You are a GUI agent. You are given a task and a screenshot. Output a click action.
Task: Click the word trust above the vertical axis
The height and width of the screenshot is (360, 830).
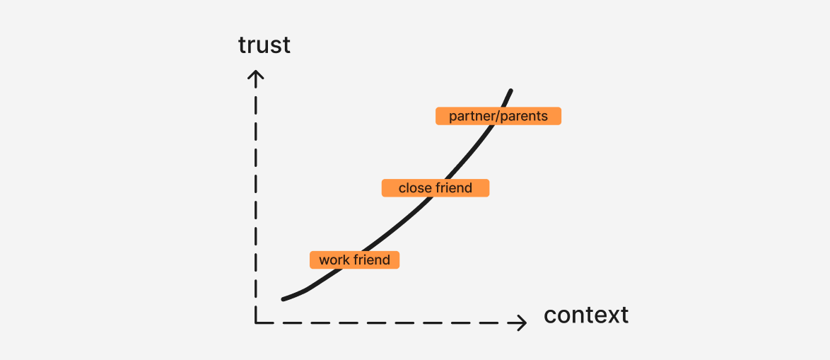coord(264,45)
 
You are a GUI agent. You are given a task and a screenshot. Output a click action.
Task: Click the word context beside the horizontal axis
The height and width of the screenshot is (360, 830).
coord(586,315)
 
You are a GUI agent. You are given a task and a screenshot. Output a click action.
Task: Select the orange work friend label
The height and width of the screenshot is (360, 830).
coord(354,260)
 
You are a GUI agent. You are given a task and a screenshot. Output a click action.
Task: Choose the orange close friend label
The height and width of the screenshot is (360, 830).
coord(435,188)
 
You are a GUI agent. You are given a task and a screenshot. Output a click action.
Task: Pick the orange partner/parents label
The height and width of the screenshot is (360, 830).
coord(498,116)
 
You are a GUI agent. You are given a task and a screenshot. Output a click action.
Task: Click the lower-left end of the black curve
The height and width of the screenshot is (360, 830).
coord(284,300)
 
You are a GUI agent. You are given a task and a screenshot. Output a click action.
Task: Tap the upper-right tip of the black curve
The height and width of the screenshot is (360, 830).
coord(511,91)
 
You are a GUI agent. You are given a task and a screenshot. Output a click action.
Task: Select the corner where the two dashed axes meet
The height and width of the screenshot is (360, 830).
coord(256,323)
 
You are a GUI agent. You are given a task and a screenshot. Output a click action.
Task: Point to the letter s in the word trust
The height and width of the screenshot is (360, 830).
coord(277,47)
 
